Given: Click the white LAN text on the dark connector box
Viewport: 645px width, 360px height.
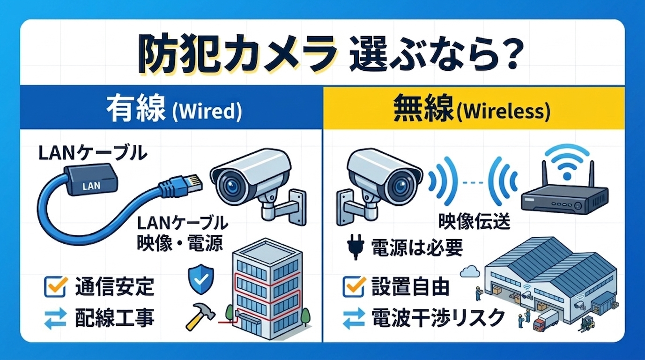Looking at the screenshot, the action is (x=91, y=186).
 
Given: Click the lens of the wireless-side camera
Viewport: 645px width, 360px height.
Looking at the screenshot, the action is (x=400, y=186).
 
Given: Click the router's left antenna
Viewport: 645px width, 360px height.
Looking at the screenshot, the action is (x=544, y=175).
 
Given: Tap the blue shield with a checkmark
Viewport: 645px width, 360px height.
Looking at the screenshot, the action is (x=201, y=279).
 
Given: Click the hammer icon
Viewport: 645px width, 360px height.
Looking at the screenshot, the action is (x=200, y=315).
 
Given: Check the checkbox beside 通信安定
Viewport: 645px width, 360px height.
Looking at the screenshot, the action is (x=56, y=286).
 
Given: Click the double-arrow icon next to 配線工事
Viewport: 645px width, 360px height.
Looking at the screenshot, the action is (x=56, y=318).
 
